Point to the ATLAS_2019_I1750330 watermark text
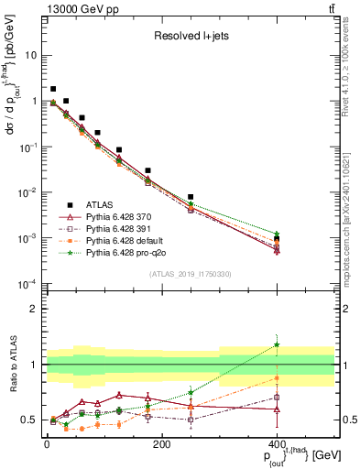coord(190,274)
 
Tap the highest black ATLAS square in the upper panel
coord(53,89)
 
